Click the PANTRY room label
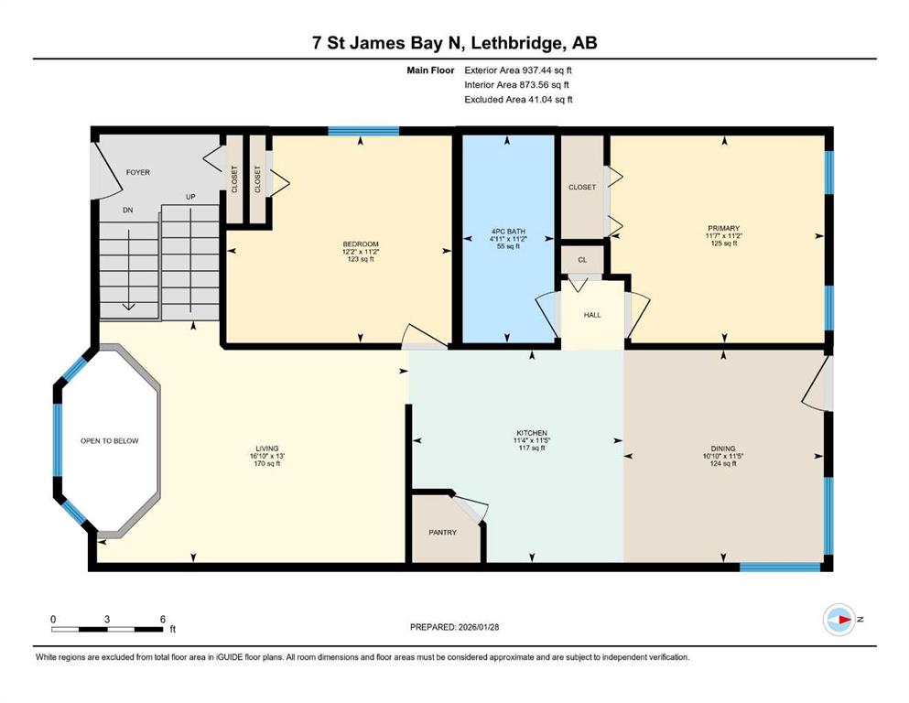[x=442, y=532]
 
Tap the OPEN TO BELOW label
[x=110, y=441]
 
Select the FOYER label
[x=138, y=172]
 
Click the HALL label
[x=592, y=315]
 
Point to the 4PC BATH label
[x=508, y=232]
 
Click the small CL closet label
[x=582, y=260]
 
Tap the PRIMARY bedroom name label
[x=723, y=228]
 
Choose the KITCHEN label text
[x=532, y=433]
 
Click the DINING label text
[x=723, y=449]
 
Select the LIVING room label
[x=267, y=449]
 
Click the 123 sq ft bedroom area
[x=361, y=260]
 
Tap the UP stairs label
[x=190, y=197]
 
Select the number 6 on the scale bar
[x=163, y=619]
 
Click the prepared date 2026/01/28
[x=479, y=627]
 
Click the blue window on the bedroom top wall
[x=363, y=130]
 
